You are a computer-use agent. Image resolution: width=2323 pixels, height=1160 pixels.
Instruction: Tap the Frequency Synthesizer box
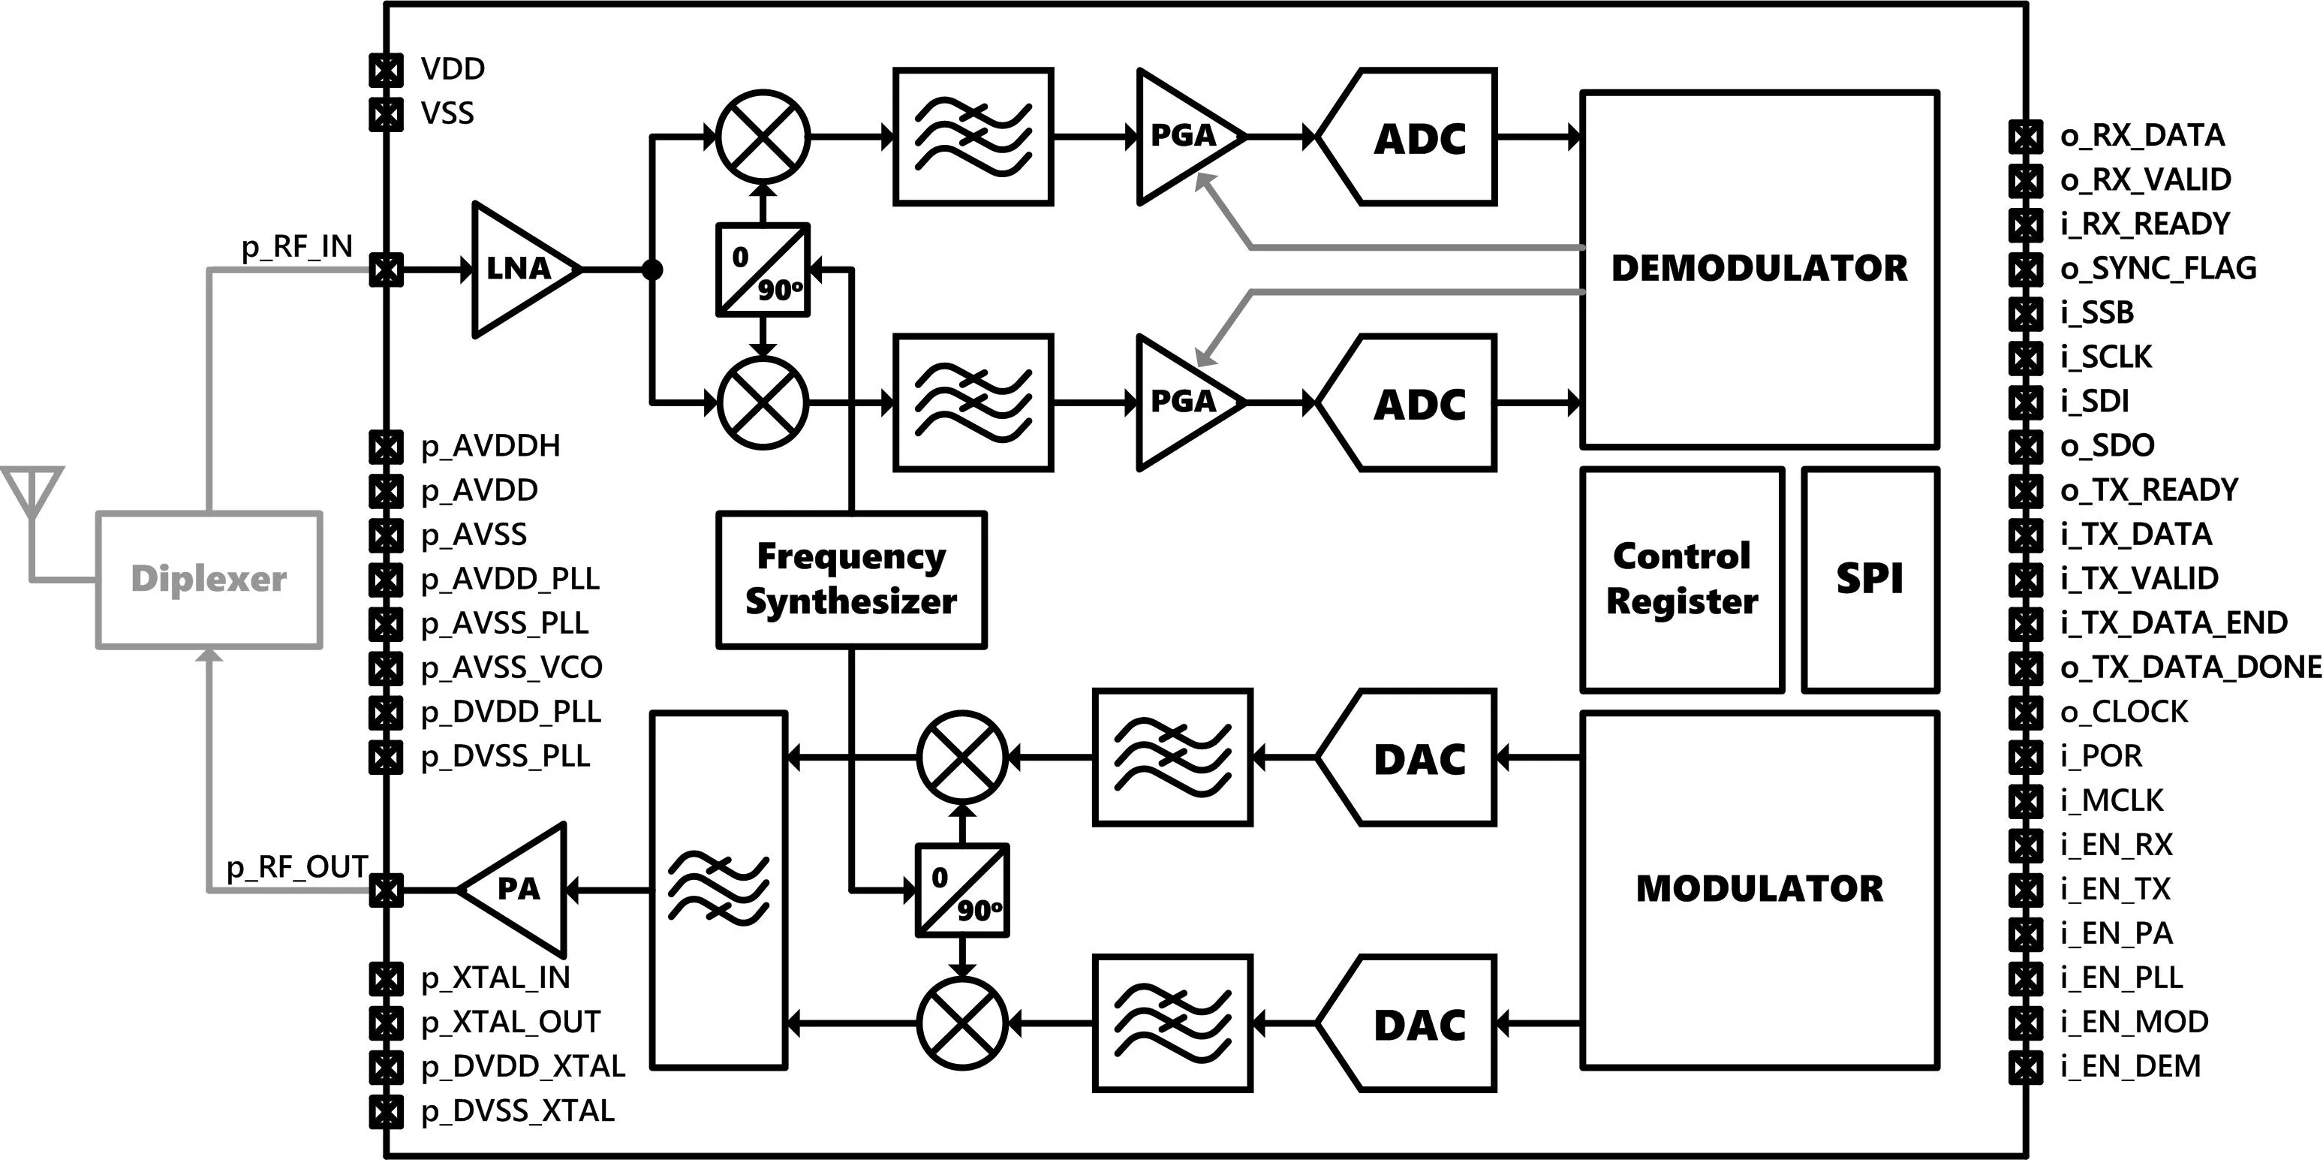[851, 580]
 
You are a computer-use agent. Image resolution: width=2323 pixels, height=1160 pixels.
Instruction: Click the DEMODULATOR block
[1760, 269]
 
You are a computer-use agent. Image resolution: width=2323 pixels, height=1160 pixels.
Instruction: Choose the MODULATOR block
[1760, 890]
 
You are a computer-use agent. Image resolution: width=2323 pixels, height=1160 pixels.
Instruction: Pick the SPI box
[1870, 580]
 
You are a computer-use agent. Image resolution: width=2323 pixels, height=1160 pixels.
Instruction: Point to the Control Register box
[1683, 580]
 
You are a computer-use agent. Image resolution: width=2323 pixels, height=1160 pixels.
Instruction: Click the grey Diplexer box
[209, 580]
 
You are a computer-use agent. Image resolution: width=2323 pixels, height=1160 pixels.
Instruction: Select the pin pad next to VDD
[386, 71]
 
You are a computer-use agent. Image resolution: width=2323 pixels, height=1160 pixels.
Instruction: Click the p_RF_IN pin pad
[386, 270]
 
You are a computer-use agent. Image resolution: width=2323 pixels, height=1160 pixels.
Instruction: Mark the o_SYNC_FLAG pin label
[2158, 269]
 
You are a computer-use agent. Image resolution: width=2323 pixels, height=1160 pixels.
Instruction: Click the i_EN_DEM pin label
[2130, 1067]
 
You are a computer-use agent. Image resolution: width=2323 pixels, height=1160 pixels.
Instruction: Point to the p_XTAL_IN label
[495, 978]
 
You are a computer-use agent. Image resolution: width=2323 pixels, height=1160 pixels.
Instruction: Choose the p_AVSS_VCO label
[511, 667]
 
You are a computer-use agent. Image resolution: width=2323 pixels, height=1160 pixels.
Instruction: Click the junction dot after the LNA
[652, 270]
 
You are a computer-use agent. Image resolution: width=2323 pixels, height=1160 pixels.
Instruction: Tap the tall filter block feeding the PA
[719, 890]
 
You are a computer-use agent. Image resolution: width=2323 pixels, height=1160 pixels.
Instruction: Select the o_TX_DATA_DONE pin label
[2190, 667]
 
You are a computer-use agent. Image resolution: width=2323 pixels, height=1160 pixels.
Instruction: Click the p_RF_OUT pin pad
[386, 891]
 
